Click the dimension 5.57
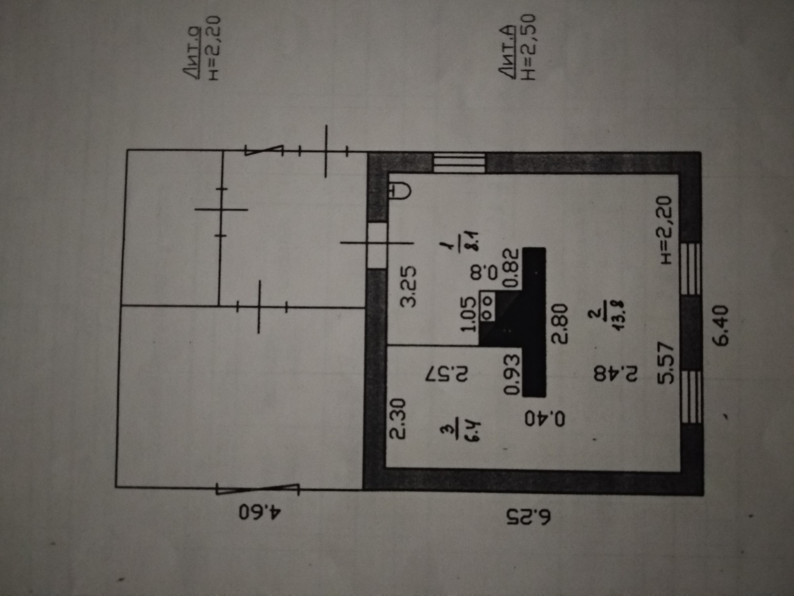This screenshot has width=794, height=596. click(x=666, y=363)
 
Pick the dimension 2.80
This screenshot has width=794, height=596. click(x=560, y=324)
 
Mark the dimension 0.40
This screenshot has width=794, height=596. click(x=545, y=418)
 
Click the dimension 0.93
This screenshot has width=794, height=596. click(x=512, y=374)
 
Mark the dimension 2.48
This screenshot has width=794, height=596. click(x=616, y=374)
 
